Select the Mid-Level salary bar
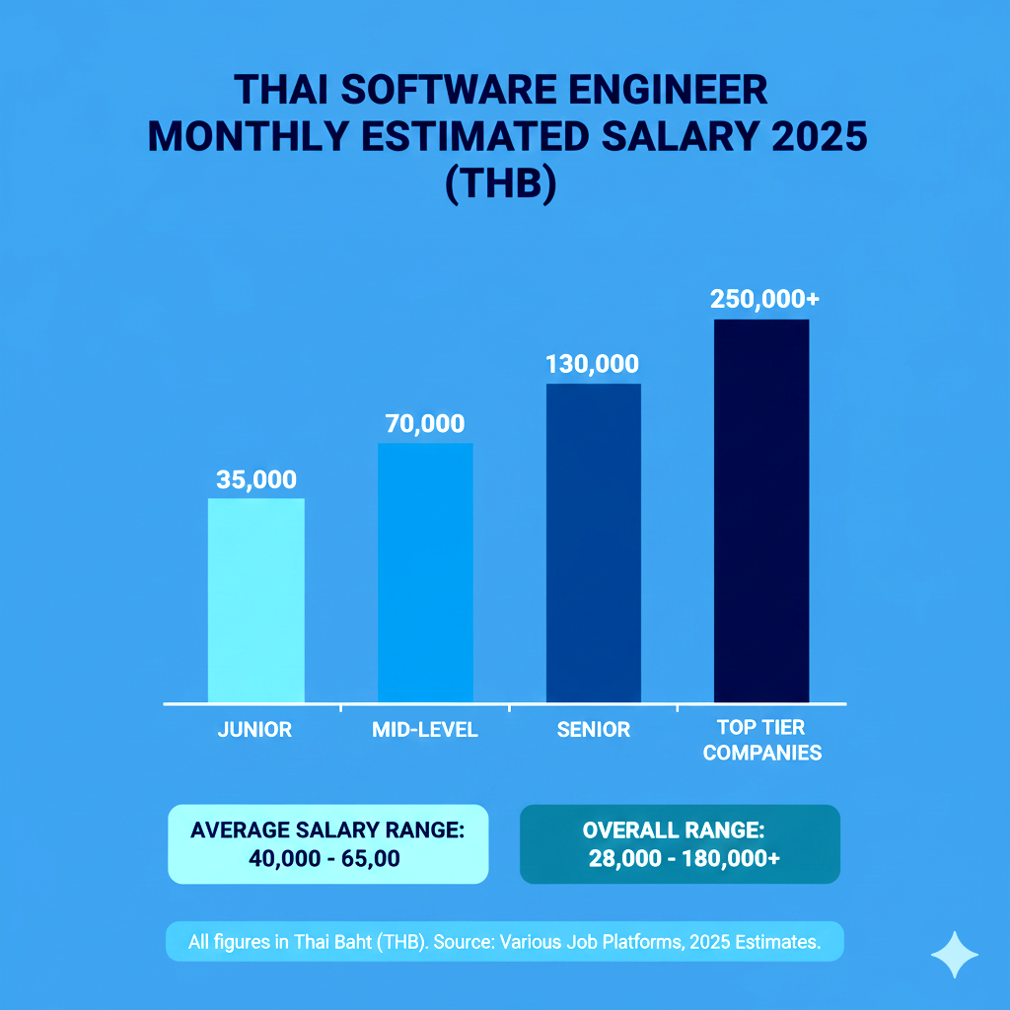pos(425,572)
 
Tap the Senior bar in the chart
pos(593,542)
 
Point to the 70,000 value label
pos(424,424)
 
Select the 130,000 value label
pos(592,364)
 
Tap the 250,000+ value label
pos(760,300)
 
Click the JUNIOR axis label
pos(254,730)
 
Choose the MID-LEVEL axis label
pos(425,730)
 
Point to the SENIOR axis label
pos(593,730)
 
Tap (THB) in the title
pos(502,184)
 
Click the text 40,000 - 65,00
pos(325,859)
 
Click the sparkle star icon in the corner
pos(955,956)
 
